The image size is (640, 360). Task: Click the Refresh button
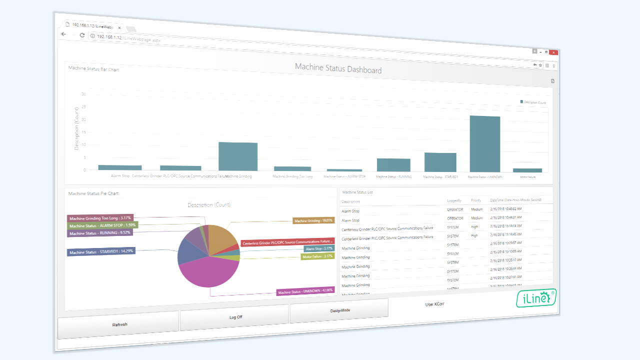[119, 324]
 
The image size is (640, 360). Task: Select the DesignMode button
[339, 310]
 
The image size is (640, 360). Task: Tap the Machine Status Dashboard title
[338, 68]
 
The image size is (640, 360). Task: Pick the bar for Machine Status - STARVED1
[440, 162]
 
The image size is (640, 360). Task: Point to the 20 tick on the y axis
[83, 119]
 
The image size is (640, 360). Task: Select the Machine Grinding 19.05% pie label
[313, 220]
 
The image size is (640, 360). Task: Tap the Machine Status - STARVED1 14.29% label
[101, 251]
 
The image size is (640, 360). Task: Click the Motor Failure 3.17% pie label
[317, 256]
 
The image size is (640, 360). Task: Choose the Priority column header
[476, 200]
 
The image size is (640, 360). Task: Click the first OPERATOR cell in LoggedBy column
[455, 209]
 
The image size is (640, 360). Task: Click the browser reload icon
[82, 35]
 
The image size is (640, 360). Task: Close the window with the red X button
[553, 52]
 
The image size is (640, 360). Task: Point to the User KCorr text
[434, 304]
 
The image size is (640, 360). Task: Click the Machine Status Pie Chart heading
[93, 193]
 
